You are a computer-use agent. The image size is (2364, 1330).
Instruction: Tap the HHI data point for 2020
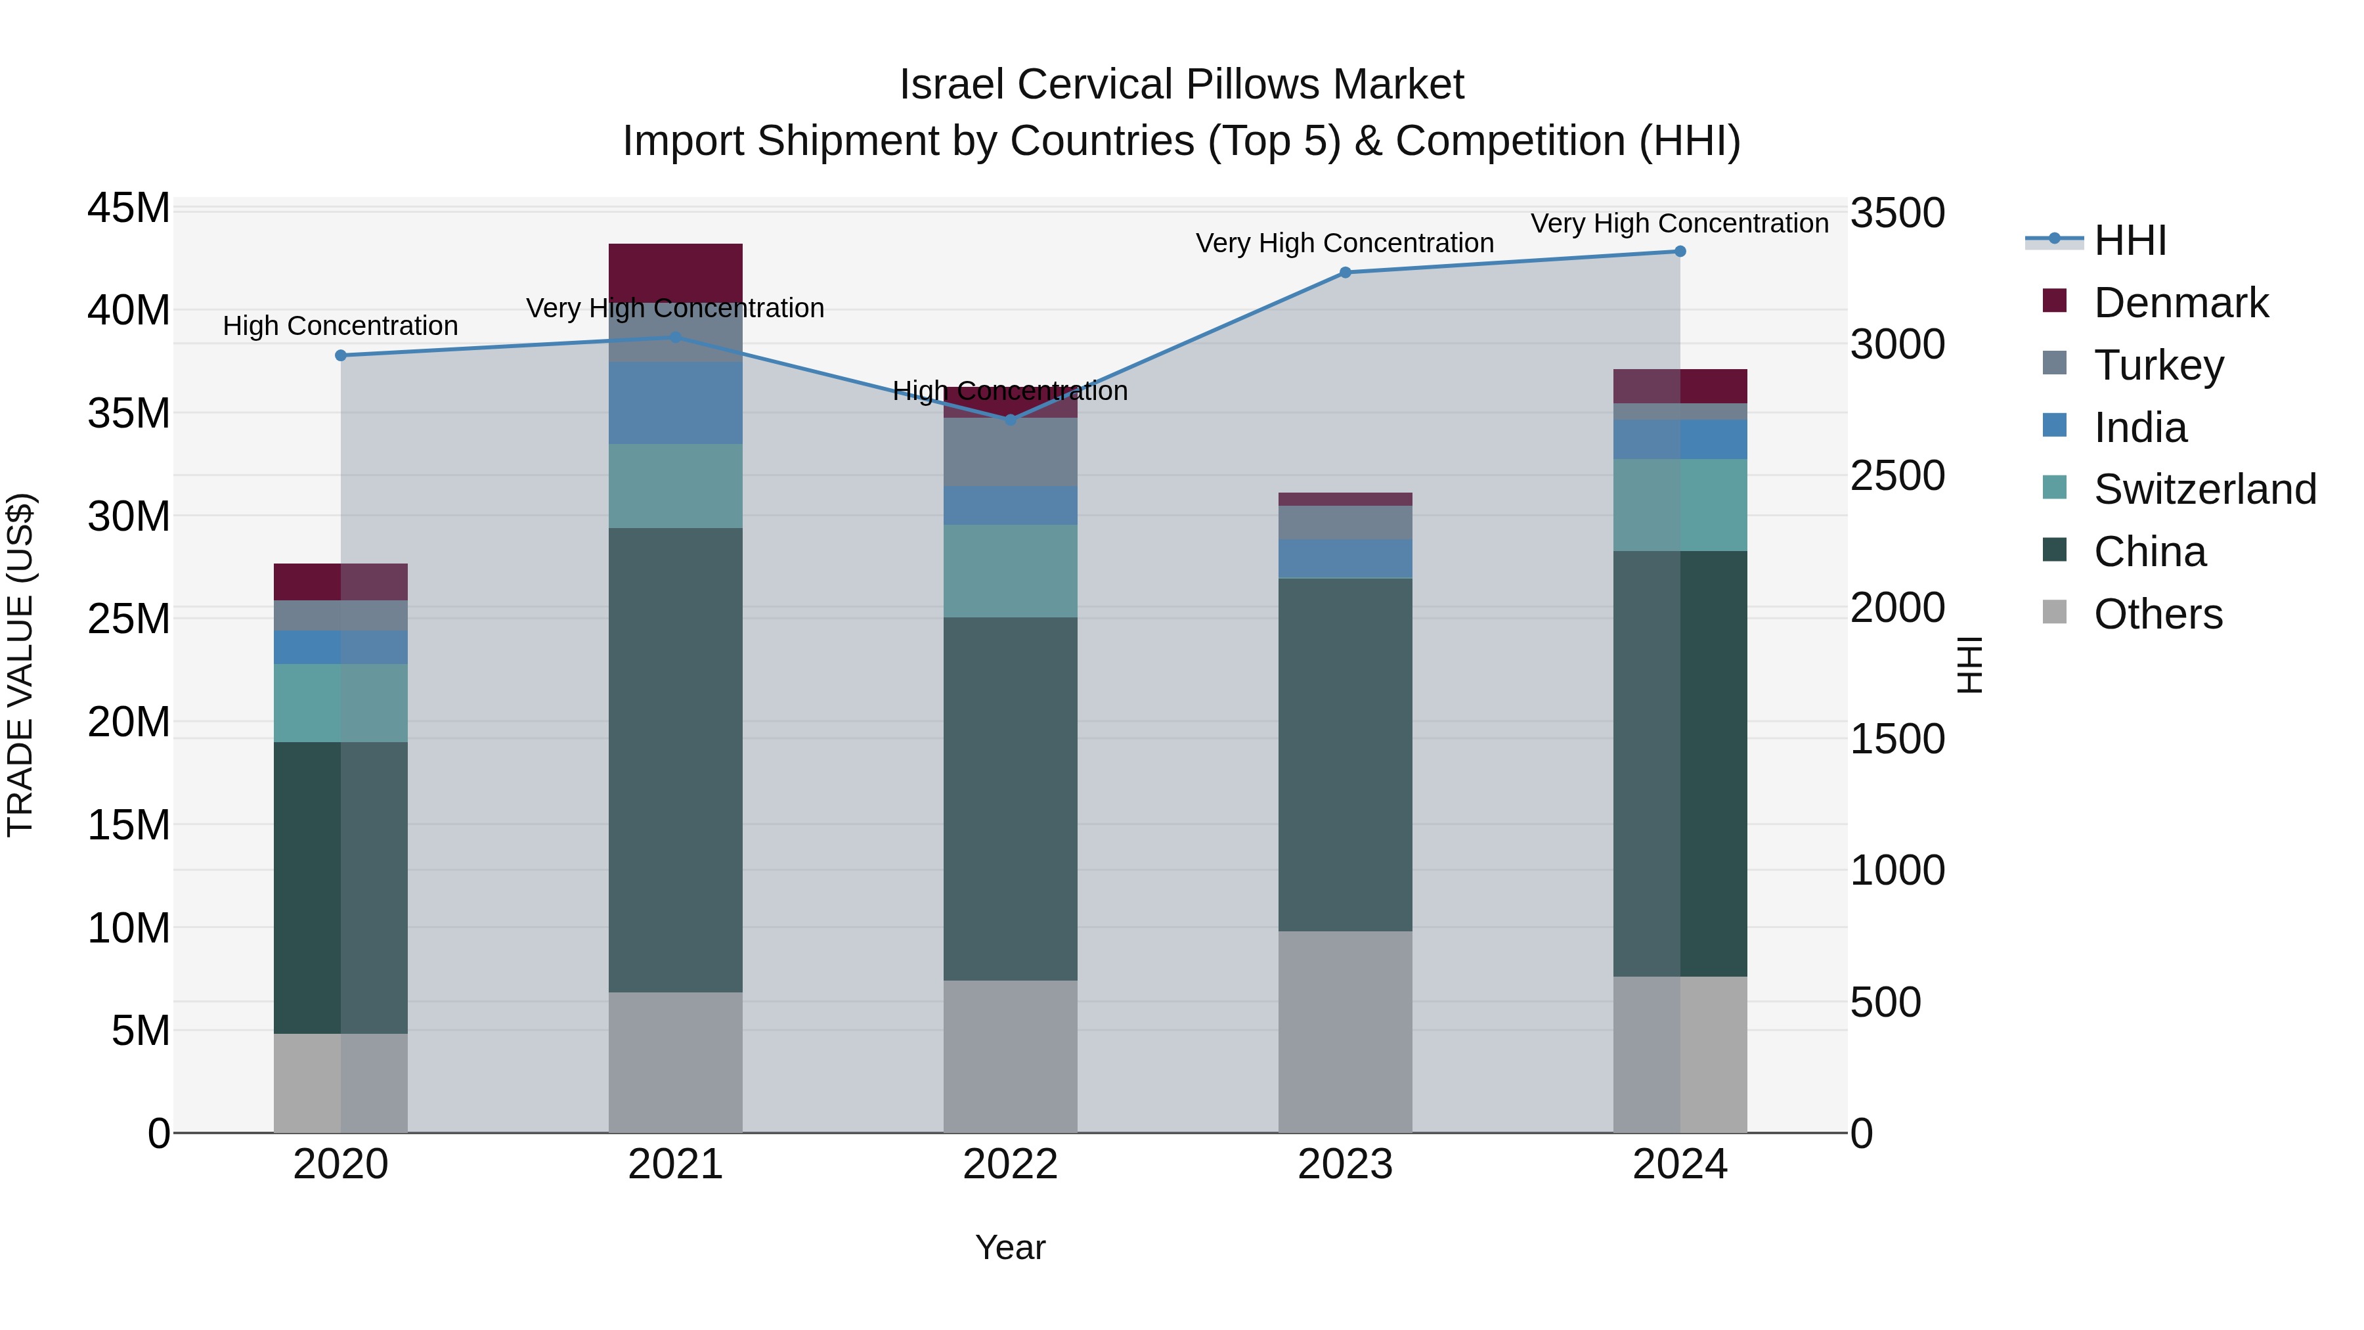tap(340, 355)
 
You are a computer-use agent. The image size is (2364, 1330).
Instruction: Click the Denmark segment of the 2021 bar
tap(676, 273)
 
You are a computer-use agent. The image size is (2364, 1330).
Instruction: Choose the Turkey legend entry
tap(2158, 365)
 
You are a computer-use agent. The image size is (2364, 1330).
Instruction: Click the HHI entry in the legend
tap(2129, 240)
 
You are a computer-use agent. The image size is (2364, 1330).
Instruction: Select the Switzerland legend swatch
tap(2055, 487)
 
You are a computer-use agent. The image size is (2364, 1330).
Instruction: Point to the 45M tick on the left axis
tap(129, 208)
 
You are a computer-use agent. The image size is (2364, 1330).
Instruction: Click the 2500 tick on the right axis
tap(1897, 476)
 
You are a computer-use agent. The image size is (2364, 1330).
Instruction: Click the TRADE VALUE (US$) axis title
tap(20, 665)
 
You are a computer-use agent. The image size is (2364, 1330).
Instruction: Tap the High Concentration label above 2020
tap(340, 326)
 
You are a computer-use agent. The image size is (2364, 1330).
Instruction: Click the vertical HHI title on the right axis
tap(1970, 665)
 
